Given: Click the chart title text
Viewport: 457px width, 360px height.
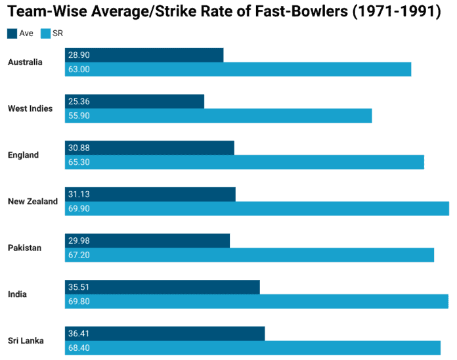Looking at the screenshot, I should [224, 12].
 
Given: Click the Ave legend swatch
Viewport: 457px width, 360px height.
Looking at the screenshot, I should [12, 33].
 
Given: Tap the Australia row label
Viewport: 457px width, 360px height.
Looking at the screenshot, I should [25, 62].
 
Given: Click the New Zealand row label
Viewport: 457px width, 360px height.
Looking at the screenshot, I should [33, 202].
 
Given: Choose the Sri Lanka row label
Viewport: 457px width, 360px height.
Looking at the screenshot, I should [26, 341].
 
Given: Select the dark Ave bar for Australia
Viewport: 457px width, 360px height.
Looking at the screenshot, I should [144, 55].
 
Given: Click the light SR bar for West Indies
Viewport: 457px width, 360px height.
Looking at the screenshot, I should [218, 116].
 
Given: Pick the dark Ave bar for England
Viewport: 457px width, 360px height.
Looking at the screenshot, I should [149, 148].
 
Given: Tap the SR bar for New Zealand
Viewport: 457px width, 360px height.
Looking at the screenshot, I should [257, 208].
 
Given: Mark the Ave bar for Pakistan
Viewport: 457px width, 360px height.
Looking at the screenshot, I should [147, 240].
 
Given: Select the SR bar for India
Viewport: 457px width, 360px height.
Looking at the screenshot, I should [256, 302].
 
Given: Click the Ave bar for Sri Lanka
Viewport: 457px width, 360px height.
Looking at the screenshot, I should [164, 334].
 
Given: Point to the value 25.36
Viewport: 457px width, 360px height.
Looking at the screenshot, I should [79, 101].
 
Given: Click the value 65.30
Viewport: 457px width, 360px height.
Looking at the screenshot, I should [79, 162].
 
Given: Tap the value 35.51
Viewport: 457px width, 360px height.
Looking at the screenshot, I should [79, 287].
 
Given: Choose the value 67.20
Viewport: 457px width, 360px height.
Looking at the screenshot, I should [79, 255].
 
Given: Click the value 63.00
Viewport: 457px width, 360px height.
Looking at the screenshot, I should [79, 69].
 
